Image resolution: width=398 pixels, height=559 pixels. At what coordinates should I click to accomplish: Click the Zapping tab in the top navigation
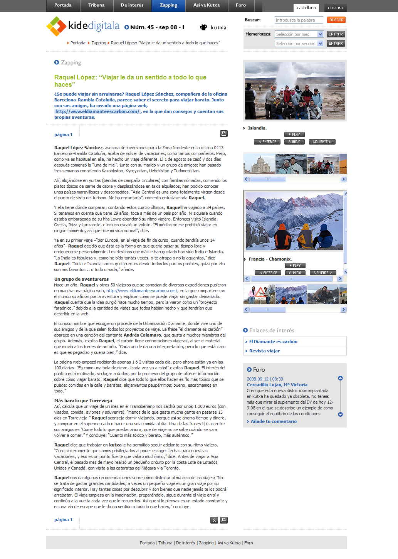click(x=168, y=5)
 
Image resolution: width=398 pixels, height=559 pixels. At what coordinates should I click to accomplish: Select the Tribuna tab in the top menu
click(x=96, y=5)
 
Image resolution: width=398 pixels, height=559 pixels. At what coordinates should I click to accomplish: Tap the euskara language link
click(x=335, y=8)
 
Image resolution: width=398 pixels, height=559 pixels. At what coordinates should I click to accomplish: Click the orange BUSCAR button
click(x=336, y=20)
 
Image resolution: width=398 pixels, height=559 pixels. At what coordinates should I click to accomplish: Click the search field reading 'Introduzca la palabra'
click(x=299, y=20)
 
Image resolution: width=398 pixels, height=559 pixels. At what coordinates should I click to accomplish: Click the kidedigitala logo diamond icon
click(x=56, y=26)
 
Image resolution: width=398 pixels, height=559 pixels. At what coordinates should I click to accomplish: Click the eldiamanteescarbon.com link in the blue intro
click(x=97, y=111)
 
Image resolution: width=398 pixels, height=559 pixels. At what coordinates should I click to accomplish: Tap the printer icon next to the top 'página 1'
click(x=224, y=134)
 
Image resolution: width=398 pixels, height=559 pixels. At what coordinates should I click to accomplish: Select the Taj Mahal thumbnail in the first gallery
click(x=259, y=164)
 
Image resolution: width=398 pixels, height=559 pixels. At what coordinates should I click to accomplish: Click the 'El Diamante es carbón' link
click(x=273, y=342)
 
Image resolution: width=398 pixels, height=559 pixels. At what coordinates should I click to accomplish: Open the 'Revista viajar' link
click(x=264, y=351)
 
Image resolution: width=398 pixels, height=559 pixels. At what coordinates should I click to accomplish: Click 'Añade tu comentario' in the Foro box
click(x=274, y=421)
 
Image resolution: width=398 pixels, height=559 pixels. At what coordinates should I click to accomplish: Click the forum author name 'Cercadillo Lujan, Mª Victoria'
click(x=277, y=385)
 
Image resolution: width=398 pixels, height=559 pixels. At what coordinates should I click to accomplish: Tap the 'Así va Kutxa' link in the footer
click(x=229, y=543)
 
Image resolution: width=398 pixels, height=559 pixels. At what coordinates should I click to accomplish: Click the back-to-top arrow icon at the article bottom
click(x=214, y=520)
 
